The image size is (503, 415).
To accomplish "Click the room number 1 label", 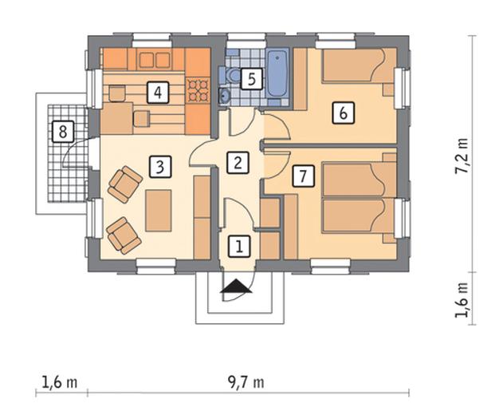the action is pos(239,247).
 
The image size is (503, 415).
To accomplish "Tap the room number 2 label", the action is pos(238,163).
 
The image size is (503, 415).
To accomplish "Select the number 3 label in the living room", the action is pos(160,167).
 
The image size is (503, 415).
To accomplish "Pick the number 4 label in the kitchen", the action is pos(158,93).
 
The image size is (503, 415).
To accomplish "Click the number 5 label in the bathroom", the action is pos(252,79).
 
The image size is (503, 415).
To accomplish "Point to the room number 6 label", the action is pos(344,113).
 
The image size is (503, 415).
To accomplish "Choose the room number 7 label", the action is pos(303,176).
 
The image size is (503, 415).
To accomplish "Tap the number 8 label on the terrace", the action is pos(63,131).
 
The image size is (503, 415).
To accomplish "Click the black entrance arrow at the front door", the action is pos(237,286).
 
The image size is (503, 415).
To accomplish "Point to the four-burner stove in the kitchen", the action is pos(198,90).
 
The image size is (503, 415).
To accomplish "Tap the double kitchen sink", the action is pos(155,59).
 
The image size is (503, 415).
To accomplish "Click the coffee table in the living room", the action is pos(159,211).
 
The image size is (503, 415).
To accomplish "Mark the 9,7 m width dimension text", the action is pos(246,382).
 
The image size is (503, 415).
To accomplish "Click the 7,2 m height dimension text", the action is pos(462,156).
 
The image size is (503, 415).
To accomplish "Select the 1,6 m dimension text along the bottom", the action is pos(60,382).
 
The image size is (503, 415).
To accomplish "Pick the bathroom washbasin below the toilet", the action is pos(225,96).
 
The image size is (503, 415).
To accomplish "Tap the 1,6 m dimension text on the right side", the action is pos(462,300).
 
